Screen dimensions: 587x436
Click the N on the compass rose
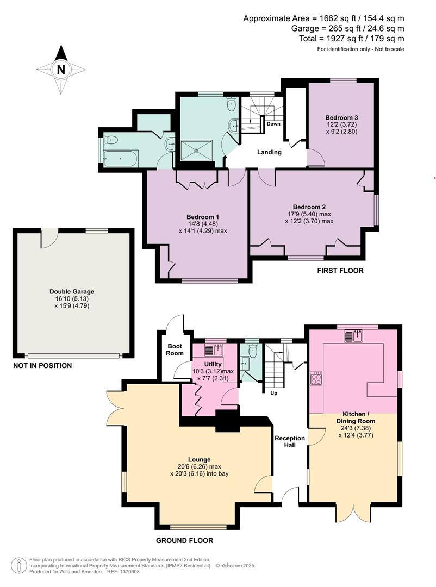61,69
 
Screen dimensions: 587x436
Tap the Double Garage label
72,292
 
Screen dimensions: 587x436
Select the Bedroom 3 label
341,117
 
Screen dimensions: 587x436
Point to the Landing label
269,152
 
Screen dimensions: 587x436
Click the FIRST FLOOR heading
340,271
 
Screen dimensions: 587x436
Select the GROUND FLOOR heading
184,540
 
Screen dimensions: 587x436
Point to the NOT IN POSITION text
42,366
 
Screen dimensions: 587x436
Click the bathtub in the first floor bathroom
121,159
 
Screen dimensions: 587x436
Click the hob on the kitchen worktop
315,378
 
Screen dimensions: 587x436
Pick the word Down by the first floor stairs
273,124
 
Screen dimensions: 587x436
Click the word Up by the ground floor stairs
273,393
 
